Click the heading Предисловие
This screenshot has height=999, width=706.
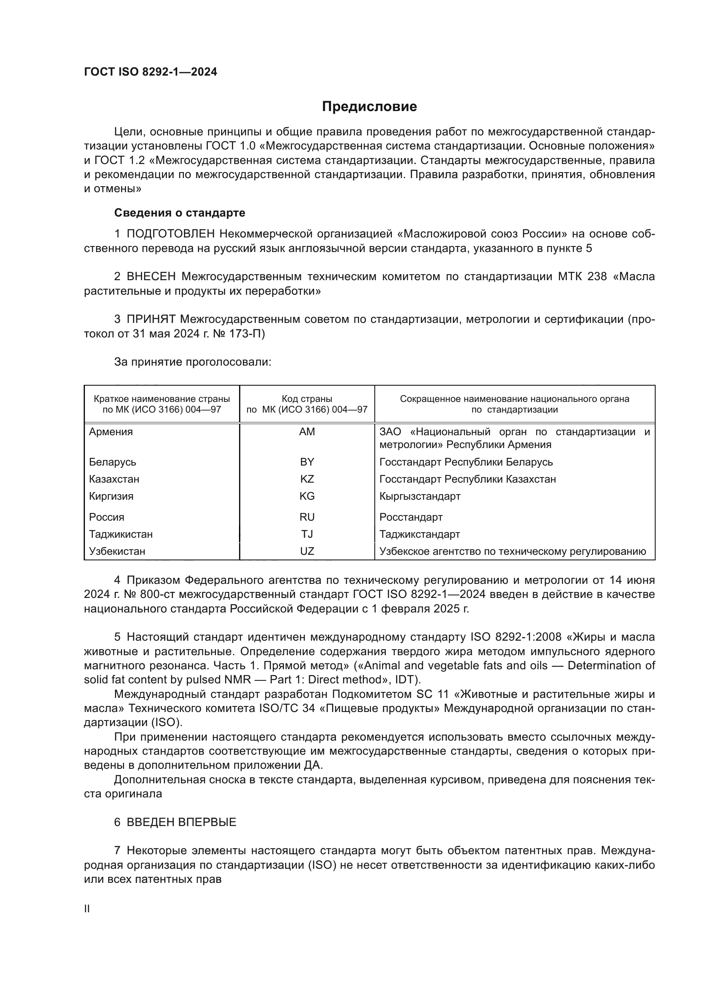click(x=369, y=107)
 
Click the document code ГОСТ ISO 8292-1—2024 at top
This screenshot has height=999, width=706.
click(x=150, y=72)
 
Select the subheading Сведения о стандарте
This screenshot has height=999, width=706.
click(x=180, y=213)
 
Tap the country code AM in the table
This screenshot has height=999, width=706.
click(x=307, y=432)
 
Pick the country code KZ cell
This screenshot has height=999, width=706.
click(x=307, y=479)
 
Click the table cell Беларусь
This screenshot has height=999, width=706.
click(x=112, y=462)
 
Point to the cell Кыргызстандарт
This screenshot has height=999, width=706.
click(x=420, y=496)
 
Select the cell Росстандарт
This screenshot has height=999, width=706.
click(x=411, y=517)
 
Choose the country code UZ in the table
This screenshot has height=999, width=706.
click(x=307, y=551)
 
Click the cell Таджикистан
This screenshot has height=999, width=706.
click(x=121, y=534)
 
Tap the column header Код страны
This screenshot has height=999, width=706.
click(x=307, y=398)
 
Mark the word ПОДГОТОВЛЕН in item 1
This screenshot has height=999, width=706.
click(x=170, y=234)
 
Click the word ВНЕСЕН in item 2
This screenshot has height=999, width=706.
click(x=151, y=277)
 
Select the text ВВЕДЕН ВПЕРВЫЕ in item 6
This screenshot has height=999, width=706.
click(x=181, y=822)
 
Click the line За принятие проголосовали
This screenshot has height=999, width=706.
click(x=193, y=362)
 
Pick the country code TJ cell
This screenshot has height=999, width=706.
click(x=307, y=534)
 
